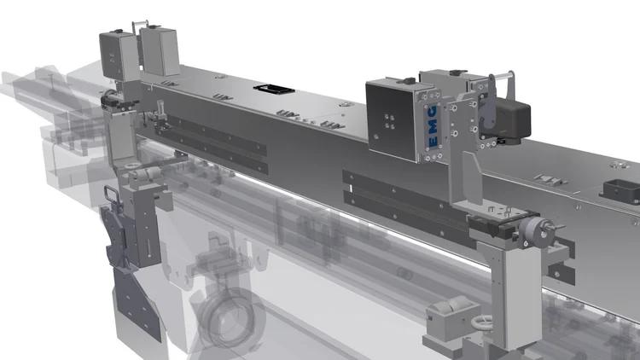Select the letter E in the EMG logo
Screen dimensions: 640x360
click(433, 142)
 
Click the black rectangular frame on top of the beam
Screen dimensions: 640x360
click(274, 89)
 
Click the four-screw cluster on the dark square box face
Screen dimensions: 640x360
click(389, 122)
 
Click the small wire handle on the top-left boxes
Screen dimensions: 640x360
click(140, 26)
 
